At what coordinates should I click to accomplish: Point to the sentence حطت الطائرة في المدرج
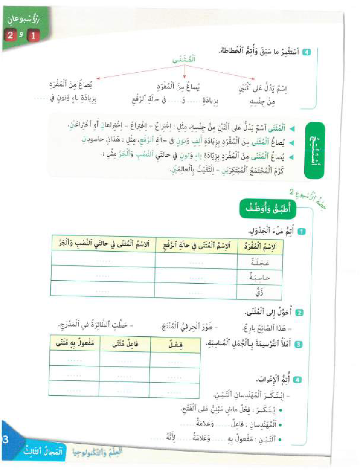(96, 326)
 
